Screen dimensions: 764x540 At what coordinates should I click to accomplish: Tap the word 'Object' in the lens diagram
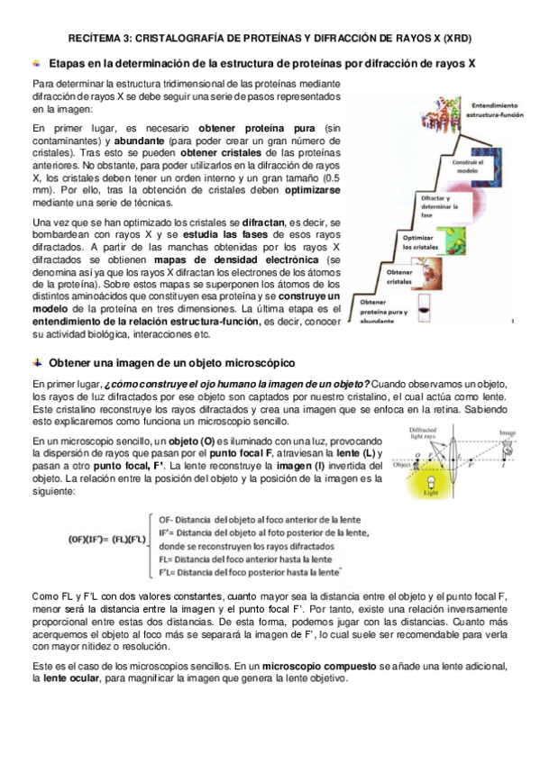(402, 467)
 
